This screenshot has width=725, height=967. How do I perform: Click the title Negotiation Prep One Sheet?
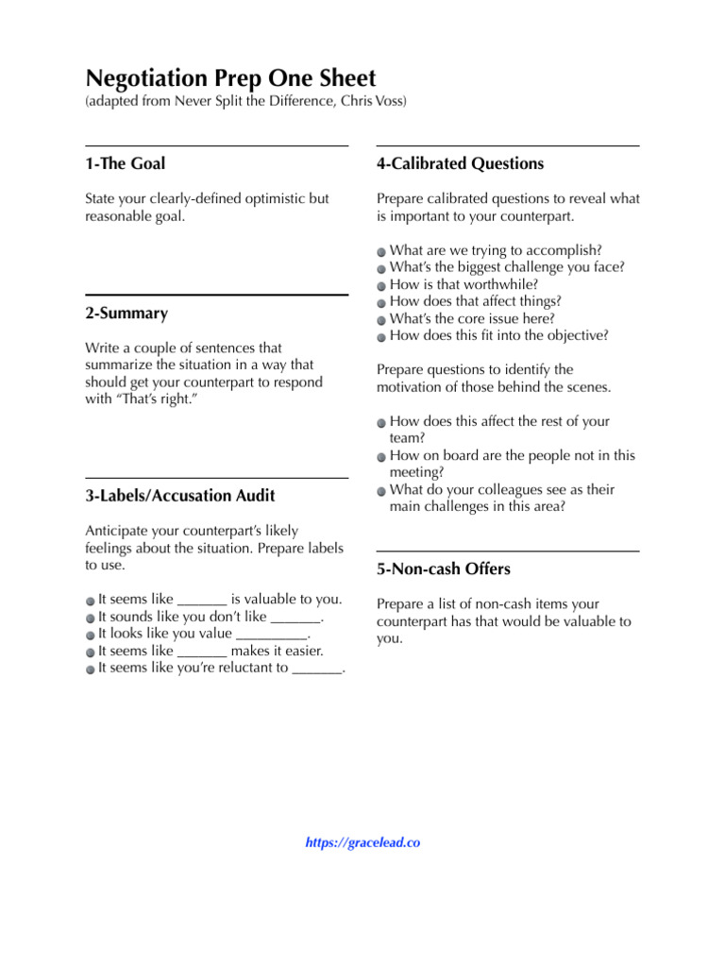(230, 77)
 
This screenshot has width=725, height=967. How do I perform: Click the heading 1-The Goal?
(125, 163)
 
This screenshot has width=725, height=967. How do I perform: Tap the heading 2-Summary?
(126, 313)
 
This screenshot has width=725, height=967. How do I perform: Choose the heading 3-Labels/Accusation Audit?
(179, 495)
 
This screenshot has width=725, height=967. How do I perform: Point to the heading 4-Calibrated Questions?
(460, 163)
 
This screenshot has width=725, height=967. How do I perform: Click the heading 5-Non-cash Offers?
(443, 568)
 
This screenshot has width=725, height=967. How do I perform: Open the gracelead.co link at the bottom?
(362, 842)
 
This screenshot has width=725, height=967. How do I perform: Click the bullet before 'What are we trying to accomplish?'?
(380, 251)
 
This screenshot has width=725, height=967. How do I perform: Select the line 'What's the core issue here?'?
(472, 318)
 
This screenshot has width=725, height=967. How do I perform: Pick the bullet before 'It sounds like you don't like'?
(90, 618)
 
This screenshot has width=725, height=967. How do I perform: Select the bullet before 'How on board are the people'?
(380, 456)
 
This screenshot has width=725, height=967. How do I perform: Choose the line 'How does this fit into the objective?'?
(498, 335)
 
